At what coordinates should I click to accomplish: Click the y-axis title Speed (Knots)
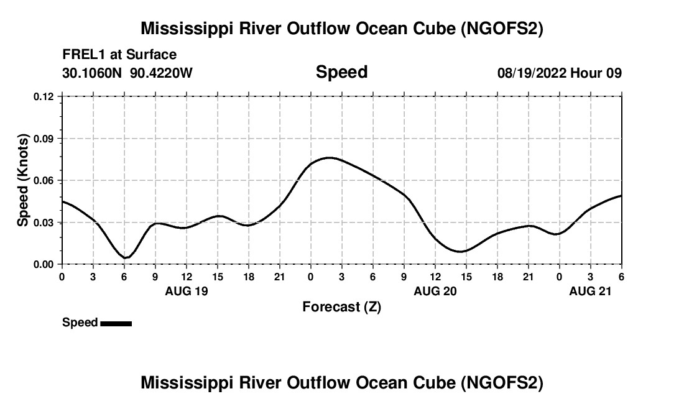[x=23, y=180]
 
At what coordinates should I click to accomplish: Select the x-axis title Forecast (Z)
[x=341, y=306]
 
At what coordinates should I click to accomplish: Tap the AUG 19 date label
[x=187, y=290]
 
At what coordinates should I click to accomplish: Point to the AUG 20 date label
[x=435, y=290]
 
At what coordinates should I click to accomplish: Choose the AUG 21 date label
[x=591, y=290]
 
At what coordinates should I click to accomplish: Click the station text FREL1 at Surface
[x=119, y=55]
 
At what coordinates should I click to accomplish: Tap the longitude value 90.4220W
[x=161, y=73]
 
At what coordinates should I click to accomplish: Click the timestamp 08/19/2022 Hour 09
[x=559, y=73]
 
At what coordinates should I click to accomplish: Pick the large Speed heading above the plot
[x=341, y=72]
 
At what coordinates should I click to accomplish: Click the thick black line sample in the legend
[x=116, y=323]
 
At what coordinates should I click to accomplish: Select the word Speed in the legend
[x=80, y=323]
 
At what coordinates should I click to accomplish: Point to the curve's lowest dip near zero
[x=126, y=257]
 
